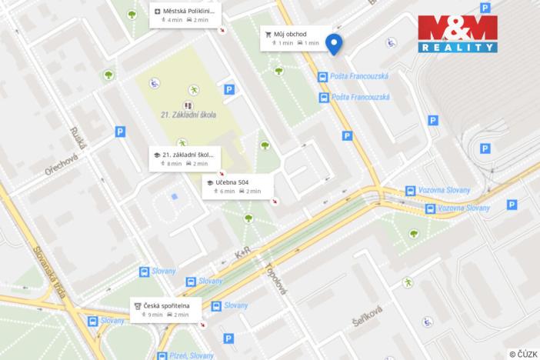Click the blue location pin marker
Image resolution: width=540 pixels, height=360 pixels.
coord(334,45)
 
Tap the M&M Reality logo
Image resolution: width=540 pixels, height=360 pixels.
coord(457,34)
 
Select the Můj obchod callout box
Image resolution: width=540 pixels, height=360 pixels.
coord(290,38)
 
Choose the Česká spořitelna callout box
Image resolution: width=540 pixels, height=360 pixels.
coord(165,310)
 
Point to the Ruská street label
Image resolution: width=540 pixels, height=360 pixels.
coord(77,138)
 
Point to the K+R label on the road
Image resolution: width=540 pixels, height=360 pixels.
coord(243,252)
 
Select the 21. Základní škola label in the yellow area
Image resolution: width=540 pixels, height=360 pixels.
coord(188,115)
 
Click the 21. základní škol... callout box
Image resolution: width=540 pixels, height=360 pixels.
coord(185,159)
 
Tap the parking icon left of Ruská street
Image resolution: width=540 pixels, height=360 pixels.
coord(119,132)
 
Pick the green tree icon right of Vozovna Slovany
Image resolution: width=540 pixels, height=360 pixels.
coord(414,233)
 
